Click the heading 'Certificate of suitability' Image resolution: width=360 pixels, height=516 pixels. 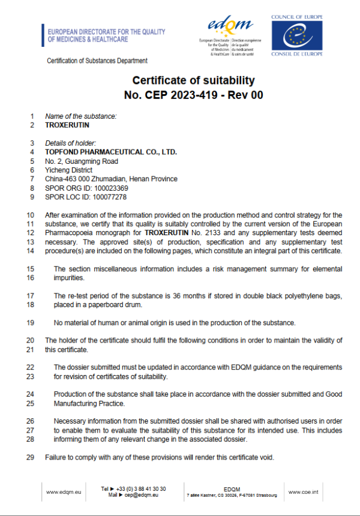[193, 81]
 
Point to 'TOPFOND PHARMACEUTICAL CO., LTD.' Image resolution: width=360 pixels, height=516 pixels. [111, 152]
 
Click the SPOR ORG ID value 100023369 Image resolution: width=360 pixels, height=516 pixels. [110, 188]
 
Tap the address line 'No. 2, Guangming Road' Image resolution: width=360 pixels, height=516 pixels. [82, 161]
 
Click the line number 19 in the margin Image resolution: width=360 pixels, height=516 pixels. [31, 323]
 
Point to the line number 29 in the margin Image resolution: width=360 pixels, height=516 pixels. [31, 458]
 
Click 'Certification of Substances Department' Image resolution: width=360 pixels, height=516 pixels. [97, 61]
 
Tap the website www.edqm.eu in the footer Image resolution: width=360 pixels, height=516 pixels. [61, 492]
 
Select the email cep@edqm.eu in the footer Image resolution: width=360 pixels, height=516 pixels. [141, 496]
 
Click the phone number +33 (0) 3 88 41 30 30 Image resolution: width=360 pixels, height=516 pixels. [142, 488]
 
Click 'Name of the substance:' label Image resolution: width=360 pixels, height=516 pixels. [81, 116]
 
